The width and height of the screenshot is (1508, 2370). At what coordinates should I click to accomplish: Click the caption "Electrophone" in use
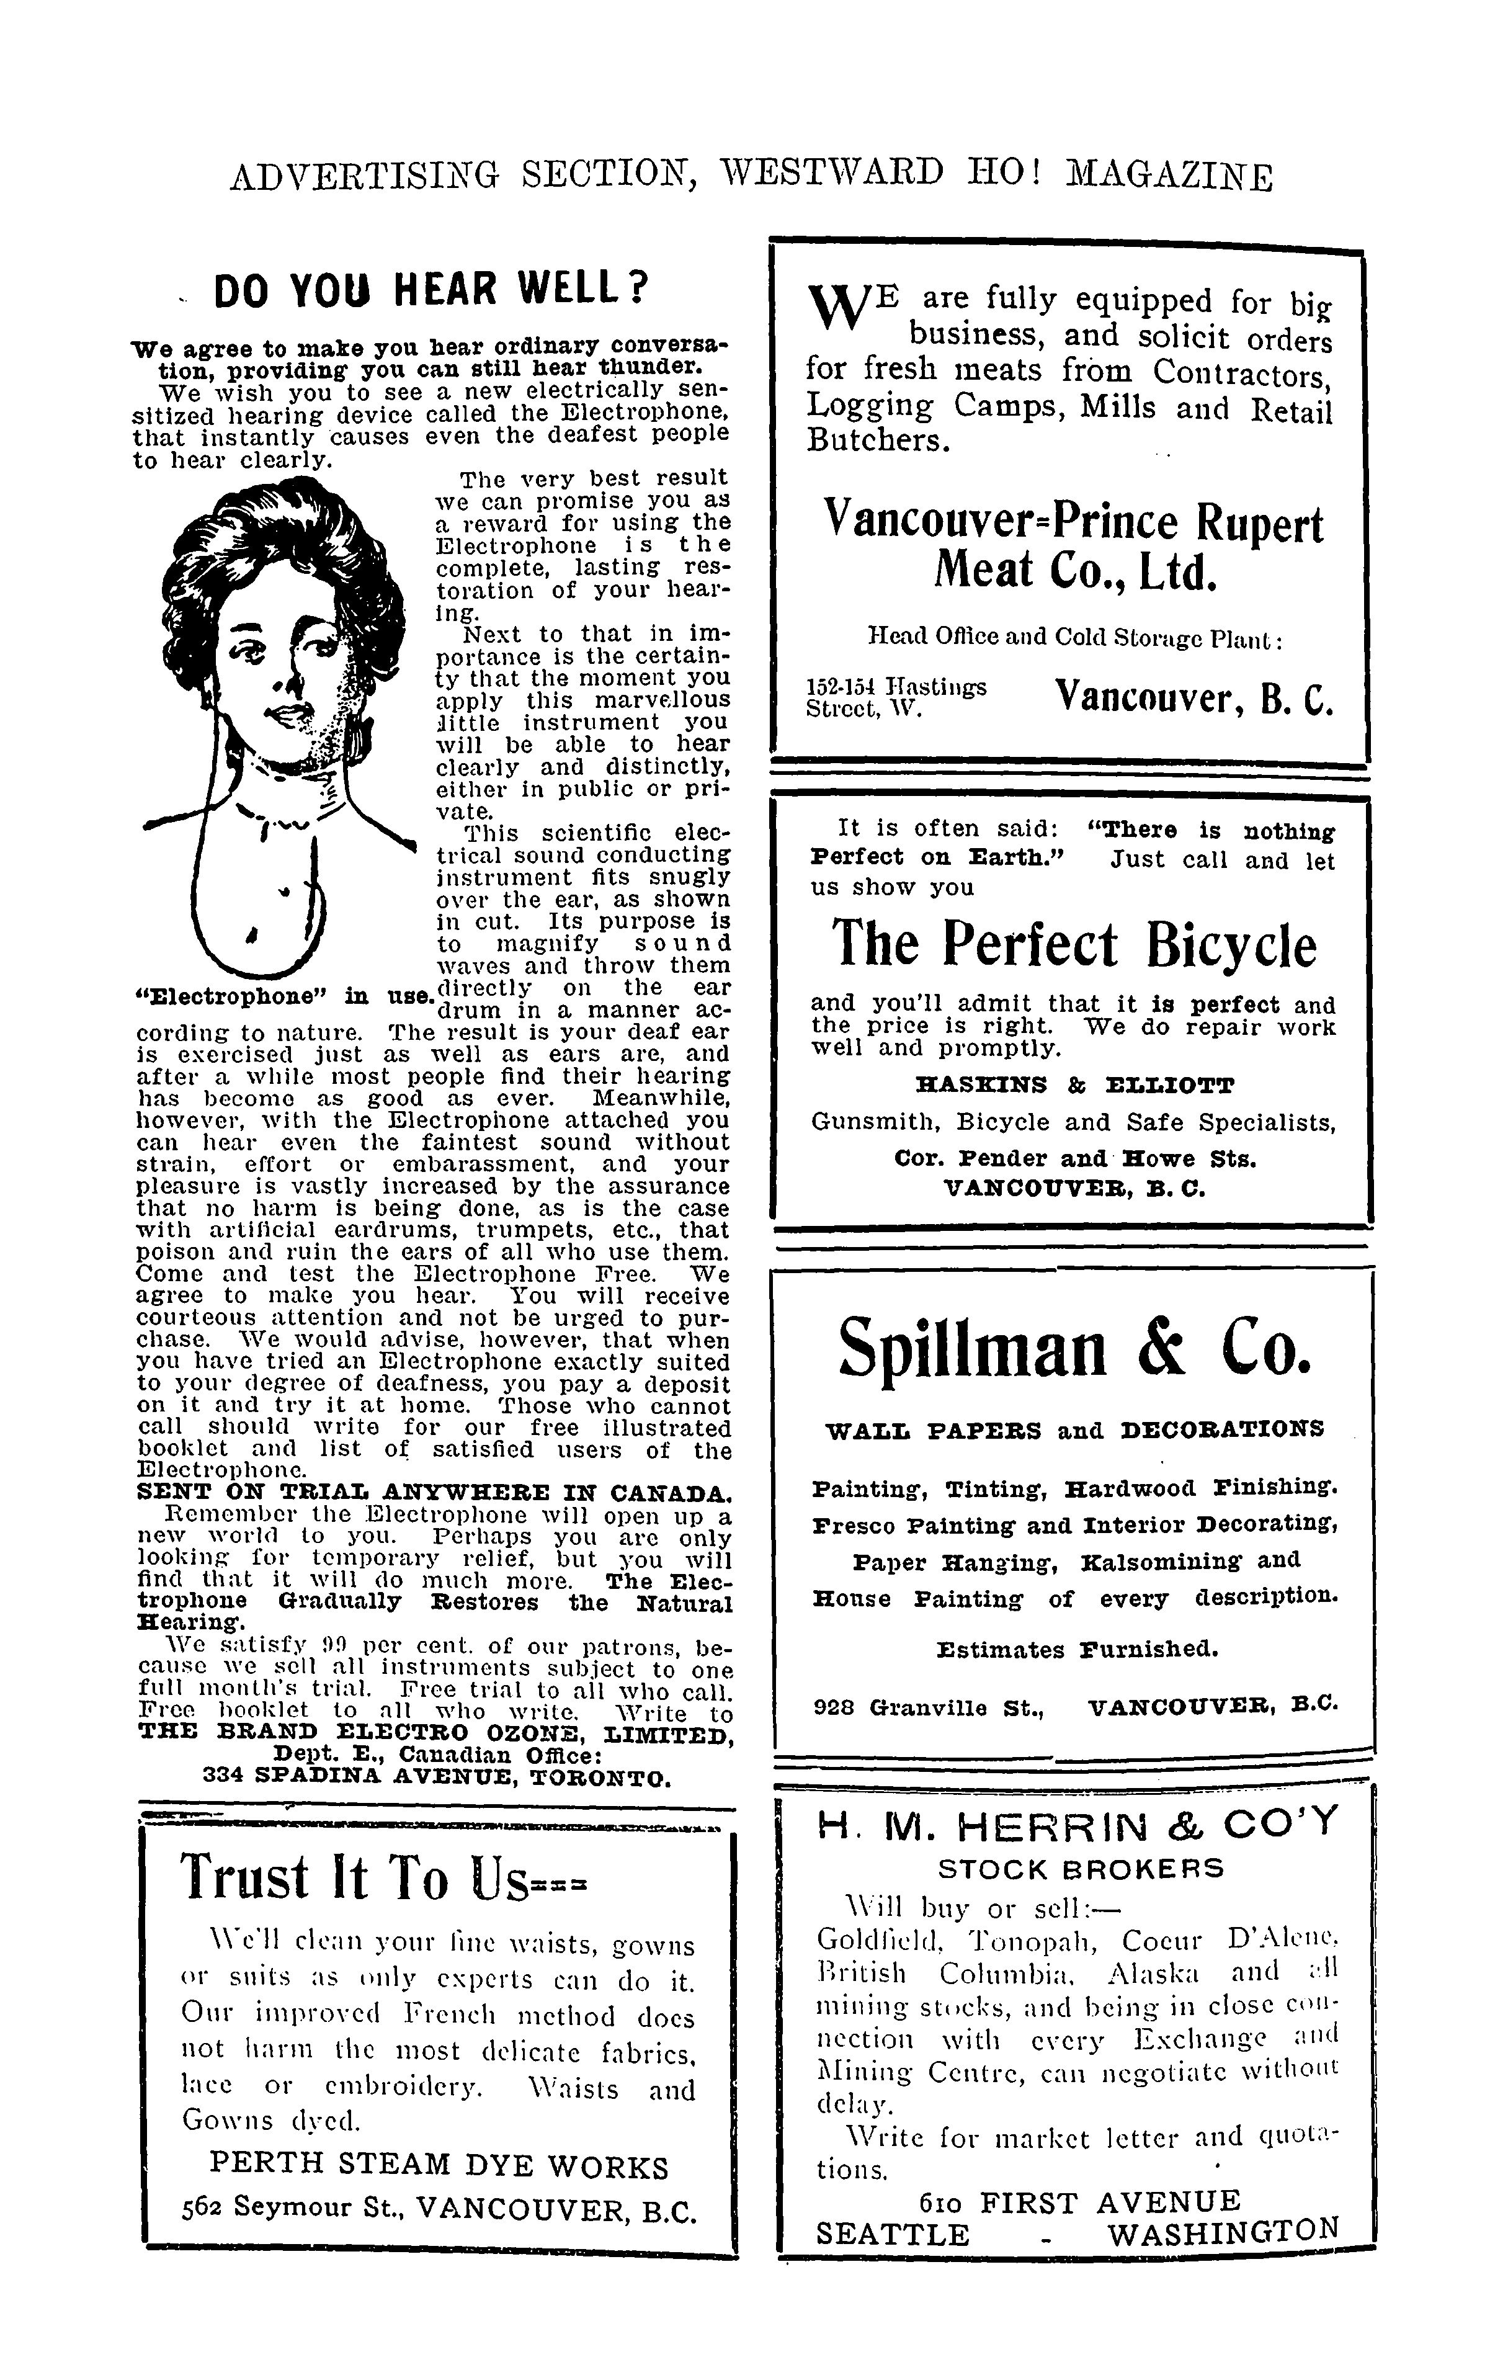(x=283, y=995)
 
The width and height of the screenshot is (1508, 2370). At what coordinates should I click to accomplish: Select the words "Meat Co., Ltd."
(x=1075, y=573)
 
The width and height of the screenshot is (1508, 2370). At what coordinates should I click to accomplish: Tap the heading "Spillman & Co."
(x=1075, y=1348)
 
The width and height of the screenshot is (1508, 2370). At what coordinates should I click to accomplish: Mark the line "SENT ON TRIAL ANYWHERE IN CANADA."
(x=433, y=1490)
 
